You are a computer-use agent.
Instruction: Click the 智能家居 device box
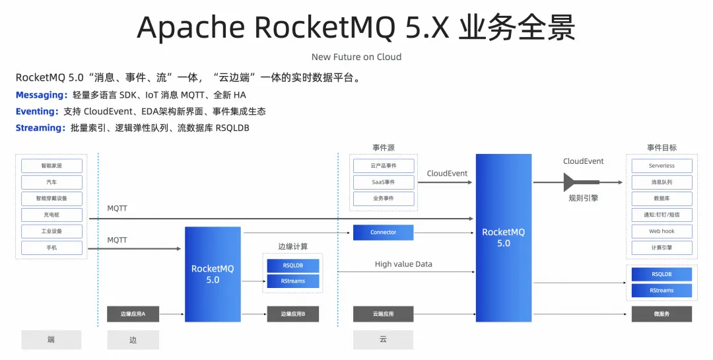(51, 166)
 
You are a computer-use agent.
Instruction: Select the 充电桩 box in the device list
(51, 215)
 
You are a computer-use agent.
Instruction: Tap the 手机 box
(51, 248)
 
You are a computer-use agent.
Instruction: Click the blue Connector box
(384, 233)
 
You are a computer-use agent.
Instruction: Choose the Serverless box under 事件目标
(662, 166)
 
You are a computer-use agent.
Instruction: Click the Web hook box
(662, 232)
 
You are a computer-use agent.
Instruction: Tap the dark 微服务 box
(662, 314)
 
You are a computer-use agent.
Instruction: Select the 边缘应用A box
(133, 314)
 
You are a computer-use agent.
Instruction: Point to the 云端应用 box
(384, 314)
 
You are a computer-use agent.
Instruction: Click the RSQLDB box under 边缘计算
(293, 266)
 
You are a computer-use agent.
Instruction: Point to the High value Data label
(403, 264)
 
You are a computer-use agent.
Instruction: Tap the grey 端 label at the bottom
(51, 340)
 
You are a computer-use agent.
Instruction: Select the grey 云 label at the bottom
(384, 340)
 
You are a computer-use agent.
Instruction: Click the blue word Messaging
(41, 95)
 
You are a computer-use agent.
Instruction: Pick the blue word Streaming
(40, 127)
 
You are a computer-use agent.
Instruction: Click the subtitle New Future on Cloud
(356, 57)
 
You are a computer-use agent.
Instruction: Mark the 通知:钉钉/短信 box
(662, 215)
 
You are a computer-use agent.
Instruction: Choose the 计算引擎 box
(662, 248)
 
